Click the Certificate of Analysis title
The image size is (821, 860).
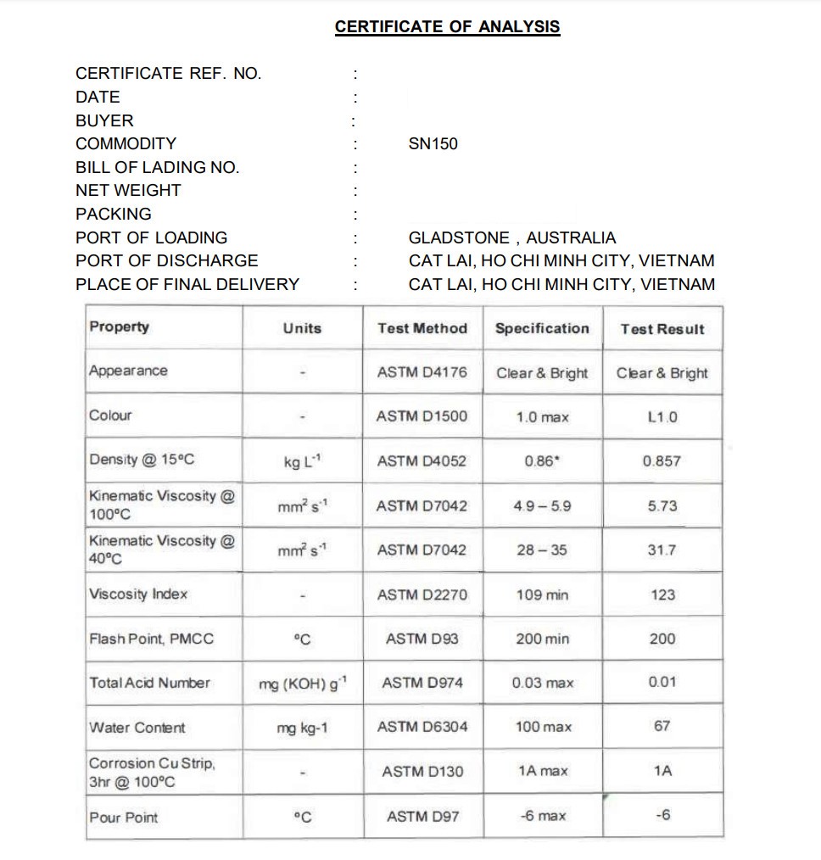pos(447,27)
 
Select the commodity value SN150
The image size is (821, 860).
pos(433,144)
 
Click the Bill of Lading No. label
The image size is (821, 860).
pos(157,168)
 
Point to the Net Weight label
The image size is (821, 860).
pos(128,191)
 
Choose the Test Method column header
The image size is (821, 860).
pos(422,329)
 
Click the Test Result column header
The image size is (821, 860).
pos(662,330)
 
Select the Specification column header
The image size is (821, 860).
pos(542,329)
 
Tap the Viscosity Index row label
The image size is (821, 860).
pos(138,595)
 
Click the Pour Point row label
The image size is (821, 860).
pos(124,818)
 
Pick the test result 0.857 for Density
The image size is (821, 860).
pos(662,461)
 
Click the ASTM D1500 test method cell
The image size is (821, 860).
pos(422,416)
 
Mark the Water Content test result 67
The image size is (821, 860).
pos(662,727)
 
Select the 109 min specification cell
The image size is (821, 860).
pos(542,595)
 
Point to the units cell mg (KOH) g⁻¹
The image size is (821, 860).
pos(302,684)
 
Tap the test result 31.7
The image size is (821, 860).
pos(662,550)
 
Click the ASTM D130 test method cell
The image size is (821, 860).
pos(422,772)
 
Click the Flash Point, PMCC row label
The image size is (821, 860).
pos(152,639)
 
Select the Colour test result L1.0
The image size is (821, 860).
pos(662,417)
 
